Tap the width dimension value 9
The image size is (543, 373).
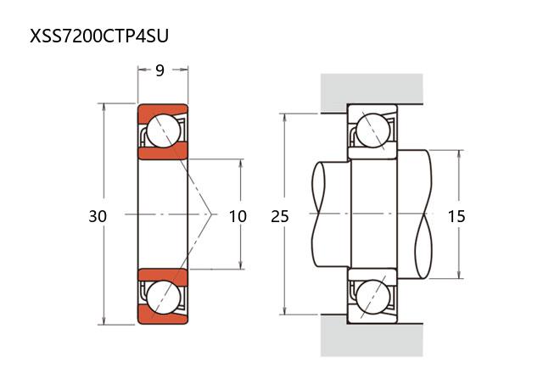pos(160,71)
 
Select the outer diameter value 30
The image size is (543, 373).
pos(98,216)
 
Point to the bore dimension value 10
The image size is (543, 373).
pos(238,216)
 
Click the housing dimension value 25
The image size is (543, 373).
pos(280,216)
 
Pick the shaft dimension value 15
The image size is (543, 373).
pos(456,216)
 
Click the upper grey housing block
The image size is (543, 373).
pos(371,89)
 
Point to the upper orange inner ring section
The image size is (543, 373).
pos(162,153)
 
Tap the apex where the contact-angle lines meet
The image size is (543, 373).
pos(212,215)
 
